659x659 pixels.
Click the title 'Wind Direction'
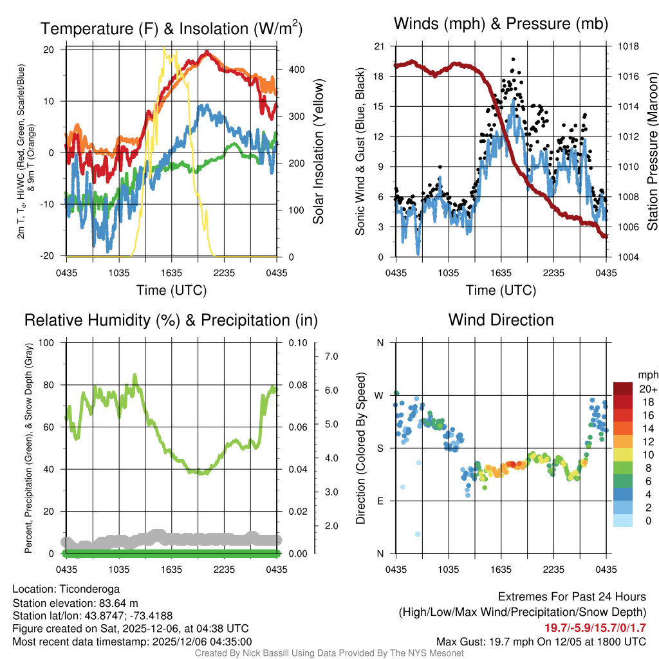click(501, 320)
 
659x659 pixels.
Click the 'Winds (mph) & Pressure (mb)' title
click(501, 24)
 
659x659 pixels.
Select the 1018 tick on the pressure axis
click(628, 46)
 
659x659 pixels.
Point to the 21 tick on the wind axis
click(379, 46)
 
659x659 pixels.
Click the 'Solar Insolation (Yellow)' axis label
click(318, 152)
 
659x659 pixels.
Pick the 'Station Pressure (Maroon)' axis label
click(651, 152)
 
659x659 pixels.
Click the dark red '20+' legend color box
click(624, 389)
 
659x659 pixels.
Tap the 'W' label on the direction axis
click(380, 395)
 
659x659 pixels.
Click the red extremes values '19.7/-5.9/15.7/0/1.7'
click(596, 628)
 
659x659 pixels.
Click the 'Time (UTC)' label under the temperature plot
click(171, 290)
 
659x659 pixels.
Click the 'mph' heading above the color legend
click(647, 375)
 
